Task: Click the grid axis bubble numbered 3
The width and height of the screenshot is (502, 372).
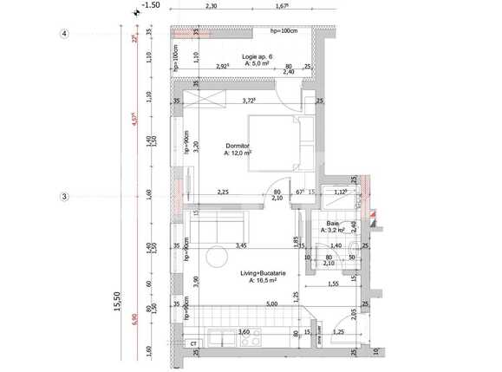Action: pyautogui.click(x=64, y=197)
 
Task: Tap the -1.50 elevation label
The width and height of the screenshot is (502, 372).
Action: pyautogui.click(x=150, y=5)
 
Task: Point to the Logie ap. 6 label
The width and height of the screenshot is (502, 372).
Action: pyautogui.click(x=258, y=57)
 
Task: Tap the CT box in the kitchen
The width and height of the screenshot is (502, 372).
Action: pyautogui.click(x=193, y=344)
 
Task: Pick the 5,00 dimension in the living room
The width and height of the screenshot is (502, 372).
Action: pyautogui.click(x=271, y=304)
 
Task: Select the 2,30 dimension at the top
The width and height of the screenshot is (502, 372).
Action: pyautogui.click(x=211, y=5)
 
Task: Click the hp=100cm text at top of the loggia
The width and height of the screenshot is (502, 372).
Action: pyautogui.click(x=284, y=31)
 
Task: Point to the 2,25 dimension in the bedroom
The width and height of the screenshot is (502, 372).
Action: pyautogui.click(x=223, y=192)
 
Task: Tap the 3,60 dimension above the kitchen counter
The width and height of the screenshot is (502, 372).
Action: pyautogui.click(x=244, y=331)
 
